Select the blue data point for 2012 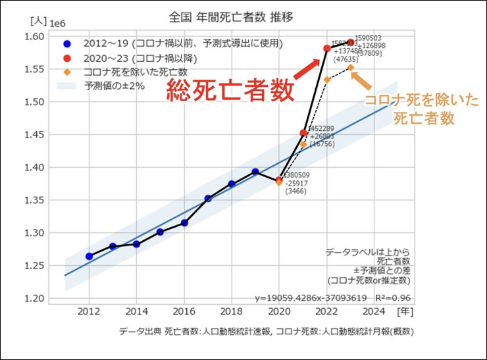90,256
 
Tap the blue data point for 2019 255,172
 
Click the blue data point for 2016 184,223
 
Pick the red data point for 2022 326,48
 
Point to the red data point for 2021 303,133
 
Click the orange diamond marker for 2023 351,67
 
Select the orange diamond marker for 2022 326,79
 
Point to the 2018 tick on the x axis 232,310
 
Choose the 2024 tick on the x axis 374,310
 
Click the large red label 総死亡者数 230,91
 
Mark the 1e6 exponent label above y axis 59,24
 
